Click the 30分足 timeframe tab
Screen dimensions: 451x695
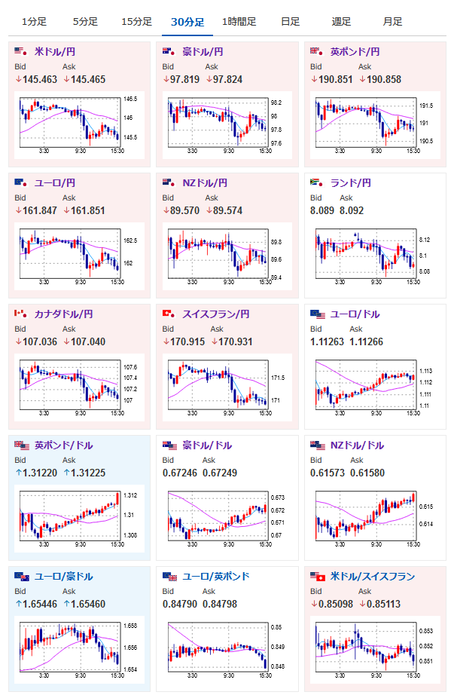187,22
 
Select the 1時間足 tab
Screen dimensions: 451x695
239,22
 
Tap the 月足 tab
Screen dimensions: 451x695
392,22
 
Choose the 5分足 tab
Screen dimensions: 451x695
85,22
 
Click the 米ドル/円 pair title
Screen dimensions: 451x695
55,52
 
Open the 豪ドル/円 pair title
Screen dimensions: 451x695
203,52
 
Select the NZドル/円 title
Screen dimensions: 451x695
205,183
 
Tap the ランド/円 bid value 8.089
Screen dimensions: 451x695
322,210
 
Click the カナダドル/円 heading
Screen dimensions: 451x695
64,314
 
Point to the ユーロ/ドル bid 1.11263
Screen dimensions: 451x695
327,341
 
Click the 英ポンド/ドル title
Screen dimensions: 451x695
64,445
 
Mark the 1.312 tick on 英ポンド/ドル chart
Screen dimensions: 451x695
130,495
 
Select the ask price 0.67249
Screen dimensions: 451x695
220,473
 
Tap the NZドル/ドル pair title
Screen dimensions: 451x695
357,445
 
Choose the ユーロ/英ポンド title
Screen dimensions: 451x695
216,577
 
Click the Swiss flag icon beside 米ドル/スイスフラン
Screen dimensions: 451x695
321,577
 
